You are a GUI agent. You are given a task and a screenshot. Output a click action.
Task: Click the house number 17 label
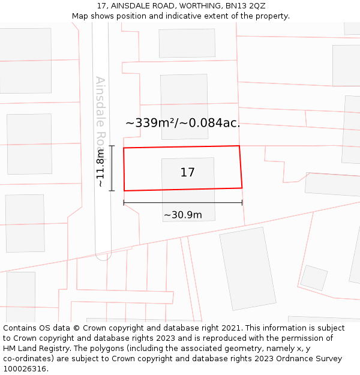[x=187, y=173]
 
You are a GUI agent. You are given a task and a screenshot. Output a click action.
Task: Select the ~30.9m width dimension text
[x=182, y=215]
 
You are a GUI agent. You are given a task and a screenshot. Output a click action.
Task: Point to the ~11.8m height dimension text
[x=101, y=169]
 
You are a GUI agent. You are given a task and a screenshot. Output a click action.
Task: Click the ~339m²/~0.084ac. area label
[x=182, y=123]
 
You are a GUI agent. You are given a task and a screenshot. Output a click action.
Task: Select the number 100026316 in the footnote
[x=24, y=369]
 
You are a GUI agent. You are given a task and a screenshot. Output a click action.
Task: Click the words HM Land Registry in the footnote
[x=34, y=349]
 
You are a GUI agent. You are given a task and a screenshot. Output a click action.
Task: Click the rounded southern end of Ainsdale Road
[x=103, y=256]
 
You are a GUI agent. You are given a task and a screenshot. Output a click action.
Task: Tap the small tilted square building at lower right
[x=314, y=278]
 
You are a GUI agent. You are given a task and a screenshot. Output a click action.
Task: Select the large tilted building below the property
[x=247, y=268]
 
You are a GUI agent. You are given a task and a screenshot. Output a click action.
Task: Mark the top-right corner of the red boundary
[x=239, y=146]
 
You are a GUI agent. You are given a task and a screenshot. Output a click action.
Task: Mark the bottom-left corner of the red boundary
[x=124, y=191]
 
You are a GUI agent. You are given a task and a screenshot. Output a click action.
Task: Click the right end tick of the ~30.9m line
[x=242, y=203]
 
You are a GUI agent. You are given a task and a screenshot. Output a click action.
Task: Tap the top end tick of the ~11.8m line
[x=112, y=146]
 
